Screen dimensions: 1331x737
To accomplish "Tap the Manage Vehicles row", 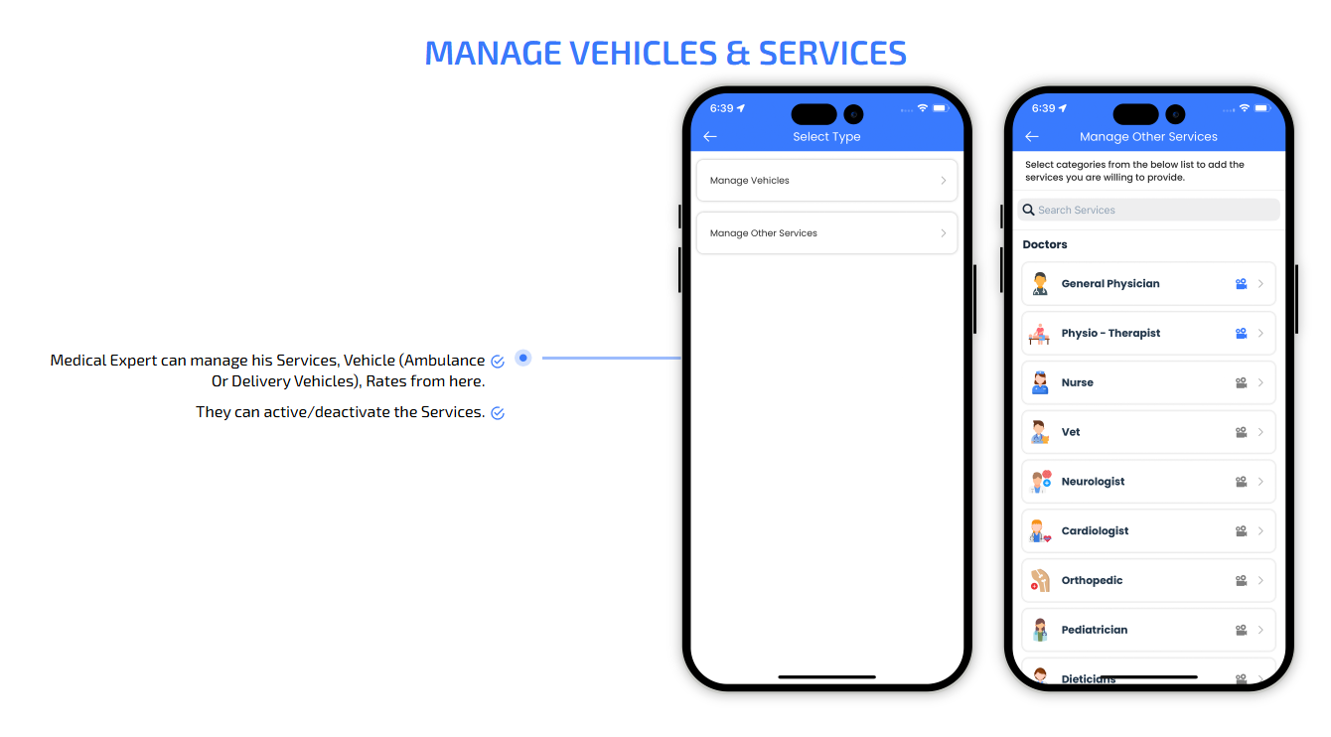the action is coord(826,180).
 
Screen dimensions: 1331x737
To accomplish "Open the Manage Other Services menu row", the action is coord(826,233).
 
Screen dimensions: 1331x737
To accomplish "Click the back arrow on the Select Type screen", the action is coord(710,137).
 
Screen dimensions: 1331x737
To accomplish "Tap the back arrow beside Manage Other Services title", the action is coord(1031,137).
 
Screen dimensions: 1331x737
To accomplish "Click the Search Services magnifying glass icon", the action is coord(1029,210).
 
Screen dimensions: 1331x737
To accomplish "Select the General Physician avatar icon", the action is coord(1040,283).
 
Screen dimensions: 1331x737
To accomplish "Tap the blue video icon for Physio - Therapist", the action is coord(1242,334).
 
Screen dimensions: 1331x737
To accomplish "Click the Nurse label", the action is coord(1078,382).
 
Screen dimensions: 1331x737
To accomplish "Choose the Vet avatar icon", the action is coord(1040,432).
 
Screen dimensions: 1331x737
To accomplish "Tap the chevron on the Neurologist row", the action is coord(1260,482).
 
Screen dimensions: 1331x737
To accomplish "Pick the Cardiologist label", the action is coord(1096,530).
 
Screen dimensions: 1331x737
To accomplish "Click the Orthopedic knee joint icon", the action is coord(1040,580).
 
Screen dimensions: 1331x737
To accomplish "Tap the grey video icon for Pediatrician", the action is coord(1242,630).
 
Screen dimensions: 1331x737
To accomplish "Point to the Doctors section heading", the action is coord(1045,244).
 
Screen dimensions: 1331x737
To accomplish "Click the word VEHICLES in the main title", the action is coord(644,53).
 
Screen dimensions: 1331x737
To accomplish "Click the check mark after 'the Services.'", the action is coord(498,413).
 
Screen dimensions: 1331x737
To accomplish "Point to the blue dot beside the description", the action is coord(522,358).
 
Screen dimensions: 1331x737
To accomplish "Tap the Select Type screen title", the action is coord(826,137).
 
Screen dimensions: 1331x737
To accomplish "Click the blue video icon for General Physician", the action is coord(1242,284).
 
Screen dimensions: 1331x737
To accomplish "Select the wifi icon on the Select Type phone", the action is coord(923,108).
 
